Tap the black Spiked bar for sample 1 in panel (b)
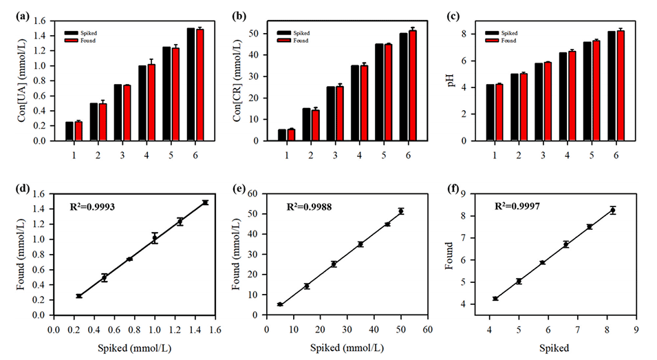281,135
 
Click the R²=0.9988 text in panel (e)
310,205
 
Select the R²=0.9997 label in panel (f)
518,205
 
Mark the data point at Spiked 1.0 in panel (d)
155,238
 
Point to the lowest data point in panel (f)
495,299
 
